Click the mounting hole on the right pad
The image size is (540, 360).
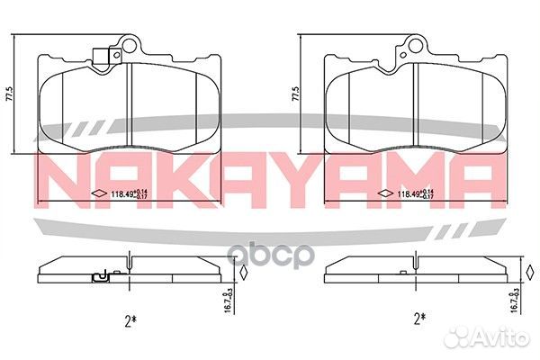417,44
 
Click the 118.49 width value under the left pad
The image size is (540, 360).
121,193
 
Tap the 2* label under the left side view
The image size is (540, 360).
131,317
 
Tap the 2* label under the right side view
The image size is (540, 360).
417,317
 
